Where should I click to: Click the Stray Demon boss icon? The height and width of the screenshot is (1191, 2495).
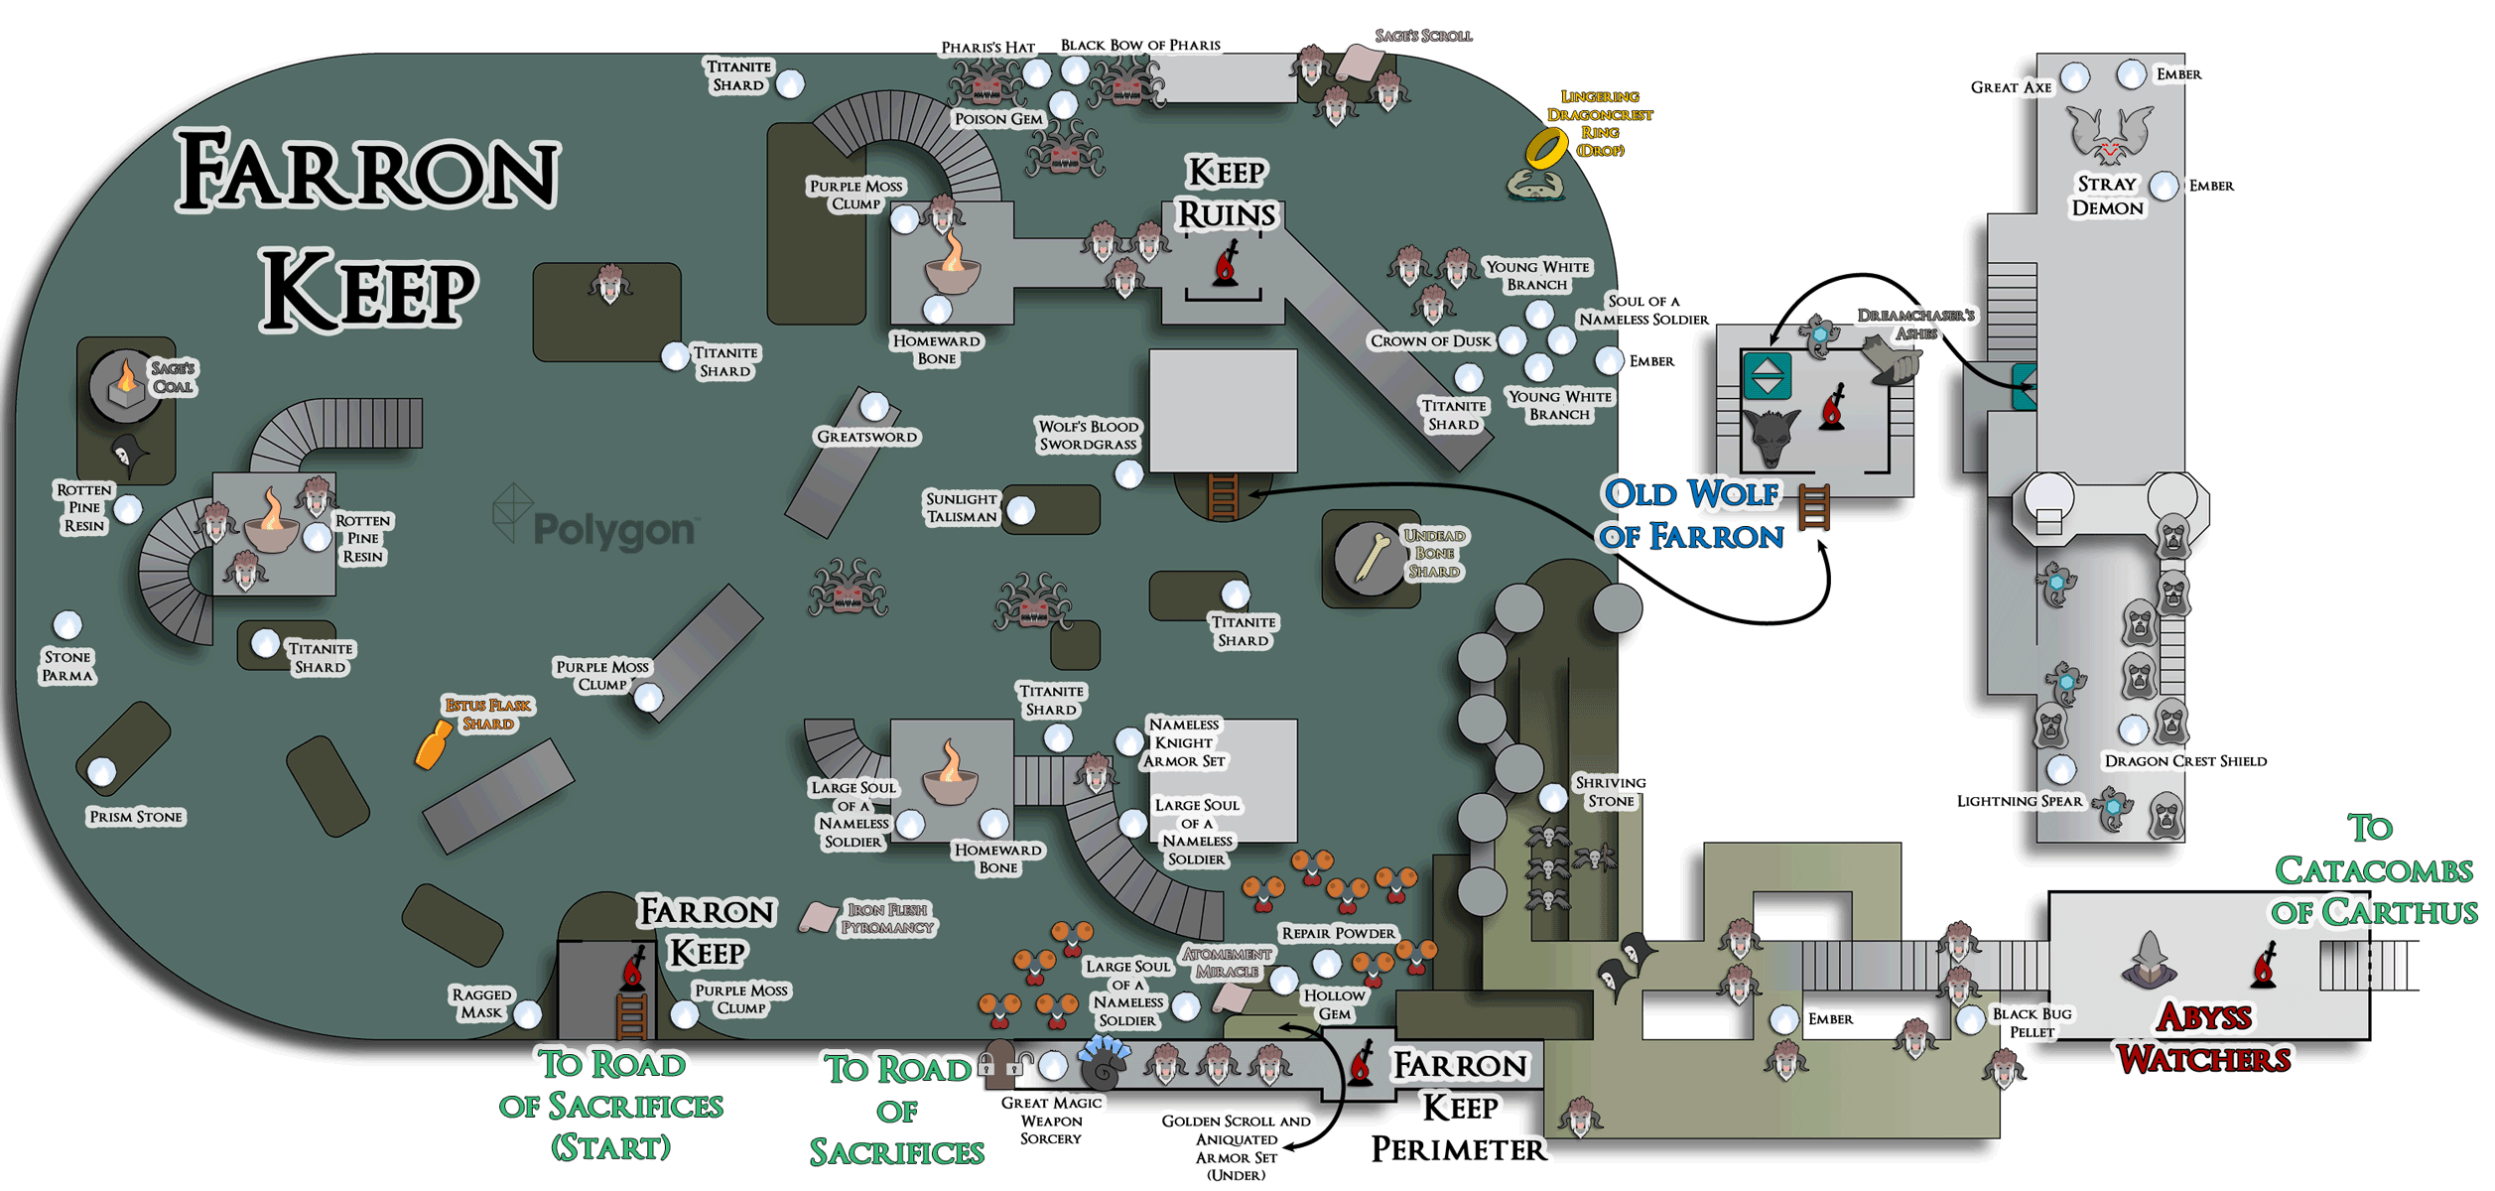2110,135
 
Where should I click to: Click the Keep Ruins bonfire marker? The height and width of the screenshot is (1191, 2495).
1227,265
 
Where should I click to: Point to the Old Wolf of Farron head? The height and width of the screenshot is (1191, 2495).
1771,438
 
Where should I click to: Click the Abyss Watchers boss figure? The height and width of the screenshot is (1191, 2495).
2149,960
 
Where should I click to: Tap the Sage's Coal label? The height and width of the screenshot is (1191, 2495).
173,377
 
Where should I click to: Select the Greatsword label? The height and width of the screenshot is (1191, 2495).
866,437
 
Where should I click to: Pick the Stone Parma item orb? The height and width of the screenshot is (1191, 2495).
67,625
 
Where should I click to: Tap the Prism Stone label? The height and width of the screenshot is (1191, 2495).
136,817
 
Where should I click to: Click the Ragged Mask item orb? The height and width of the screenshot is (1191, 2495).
528,1014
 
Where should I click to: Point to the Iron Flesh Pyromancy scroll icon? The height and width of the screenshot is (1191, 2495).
819,918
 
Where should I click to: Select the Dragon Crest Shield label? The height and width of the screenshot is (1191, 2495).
2185,761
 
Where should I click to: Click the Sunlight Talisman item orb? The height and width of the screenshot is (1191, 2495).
1021,510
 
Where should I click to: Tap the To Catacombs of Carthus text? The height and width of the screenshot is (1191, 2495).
2374,870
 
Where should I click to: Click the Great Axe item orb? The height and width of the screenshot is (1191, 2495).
2074,76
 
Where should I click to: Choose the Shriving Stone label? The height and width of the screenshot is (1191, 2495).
1610,792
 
